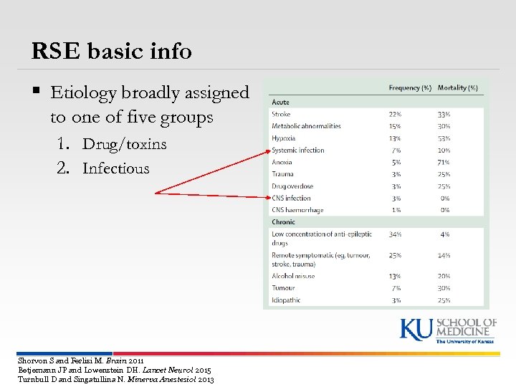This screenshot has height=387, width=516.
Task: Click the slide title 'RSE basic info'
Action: (112, 51)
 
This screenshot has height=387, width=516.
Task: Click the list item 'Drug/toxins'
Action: (124, 144)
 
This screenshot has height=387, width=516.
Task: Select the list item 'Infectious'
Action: (115, 169)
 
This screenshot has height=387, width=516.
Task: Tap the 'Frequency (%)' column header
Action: (410, 88)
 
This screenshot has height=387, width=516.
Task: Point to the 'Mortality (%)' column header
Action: (457, 88)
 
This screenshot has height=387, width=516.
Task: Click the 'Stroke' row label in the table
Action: (281, 114)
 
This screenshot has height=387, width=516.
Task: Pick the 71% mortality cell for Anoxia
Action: (444, 162)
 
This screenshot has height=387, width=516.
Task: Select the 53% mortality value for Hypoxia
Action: (444, 138)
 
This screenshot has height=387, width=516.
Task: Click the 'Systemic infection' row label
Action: (298, 150)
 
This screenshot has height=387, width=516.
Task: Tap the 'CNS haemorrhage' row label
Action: (297, 210)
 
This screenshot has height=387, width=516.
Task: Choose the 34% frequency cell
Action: (394, 234)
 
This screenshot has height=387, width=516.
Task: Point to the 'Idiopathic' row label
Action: (286, 300)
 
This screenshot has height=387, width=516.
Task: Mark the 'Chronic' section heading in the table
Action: (283, 222)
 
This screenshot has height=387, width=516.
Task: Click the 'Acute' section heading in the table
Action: (280, 102)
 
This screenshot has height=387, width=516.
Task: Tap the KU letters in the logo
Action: (416, 330)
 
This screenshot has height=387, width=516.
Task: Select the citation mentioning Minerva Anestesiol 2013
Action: (115, 379)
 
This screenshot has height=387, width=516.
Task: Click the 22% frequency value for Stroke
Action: (394, 114)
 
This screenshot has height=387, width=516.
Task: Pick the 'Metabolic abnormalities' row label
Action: (306, 126)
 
